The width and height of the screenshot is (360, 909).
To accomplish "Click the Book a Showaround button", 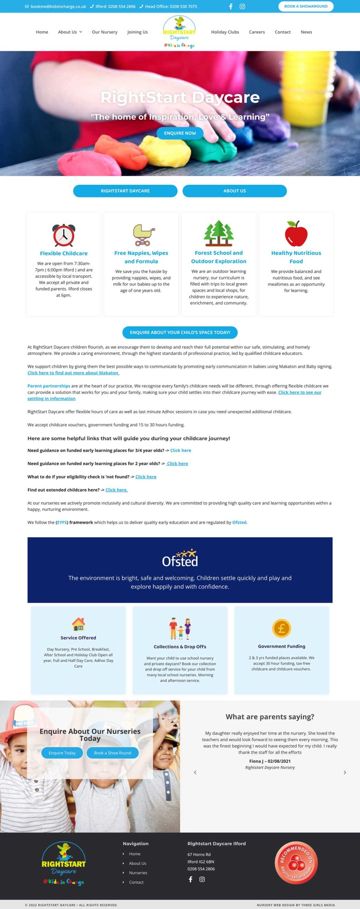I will click(x=306, y=6).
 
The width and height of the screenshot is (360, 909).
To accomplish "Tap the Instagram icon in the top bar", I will click(x=242, y=6).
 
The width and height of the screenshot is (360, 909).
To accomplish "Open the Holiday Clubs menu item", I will click(x=225, y=32).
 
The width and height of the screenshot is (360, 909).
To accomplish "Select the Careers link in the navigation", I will click(x=257, y=32).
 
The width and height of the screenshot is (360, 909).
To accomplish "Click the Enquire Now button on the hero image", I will click(x=180, y=133).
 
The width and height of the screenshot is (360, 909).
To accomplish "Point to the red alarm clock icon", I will click(x=64, y=235).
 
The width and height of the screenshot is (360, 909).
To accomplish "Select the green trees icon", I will click(x=219, y=233).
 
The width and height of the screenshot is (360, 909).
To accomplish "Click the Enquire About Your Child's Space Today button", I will click(x=180, y=332).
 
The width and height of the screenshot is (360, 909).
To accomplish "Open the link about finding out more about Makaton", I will click(x=73, y=373).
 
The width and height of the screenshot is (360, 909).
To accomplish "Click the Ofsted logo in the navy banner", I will click(x=180, y=559).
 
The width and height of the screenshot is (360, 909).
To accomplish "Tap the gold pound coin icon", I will click(x=282, y=628).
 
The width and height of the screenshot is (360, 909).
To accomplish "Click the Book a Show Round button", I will click(x=113, y=753).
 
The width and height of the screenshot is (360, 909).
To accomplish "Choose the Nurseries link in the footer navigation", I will click(x=138, y=872).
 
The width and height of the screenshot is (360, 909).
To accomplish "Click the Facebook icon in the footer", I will click(x=191, y=879).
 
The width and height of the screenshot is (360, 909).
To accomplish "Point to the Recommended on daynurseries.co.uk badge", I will click(x=296, y=862).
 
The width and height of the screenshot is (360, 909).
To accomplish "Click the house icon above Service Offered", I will click(x=78, y=624).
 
